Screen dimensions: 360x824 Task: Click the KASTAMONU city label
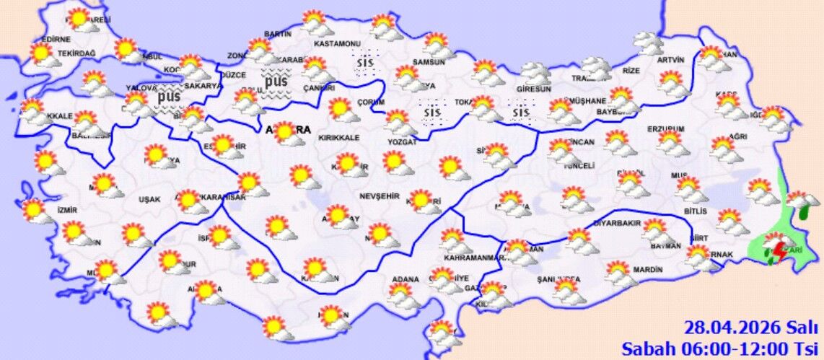[x=337, y=44]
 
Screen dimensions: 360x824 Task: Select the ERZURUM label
[x=665, y=128]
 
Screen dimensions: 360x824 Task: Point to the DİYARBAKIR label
[x=617, y=223]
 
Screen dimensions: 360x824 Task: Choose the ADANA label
[x=405, y=279]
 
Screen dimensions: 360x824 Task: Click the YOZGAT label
[x=403, y=143]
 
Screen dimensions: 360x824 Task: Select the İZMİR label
[x=66, y=210]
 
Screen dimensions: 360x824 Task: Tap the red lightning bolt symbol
[x=779, y=252]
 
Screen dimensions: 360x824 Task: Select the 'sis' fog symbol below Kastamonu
[x=367, y=63]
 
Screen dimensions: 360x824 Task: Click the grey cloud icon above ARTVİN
[x=649, y=44]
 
